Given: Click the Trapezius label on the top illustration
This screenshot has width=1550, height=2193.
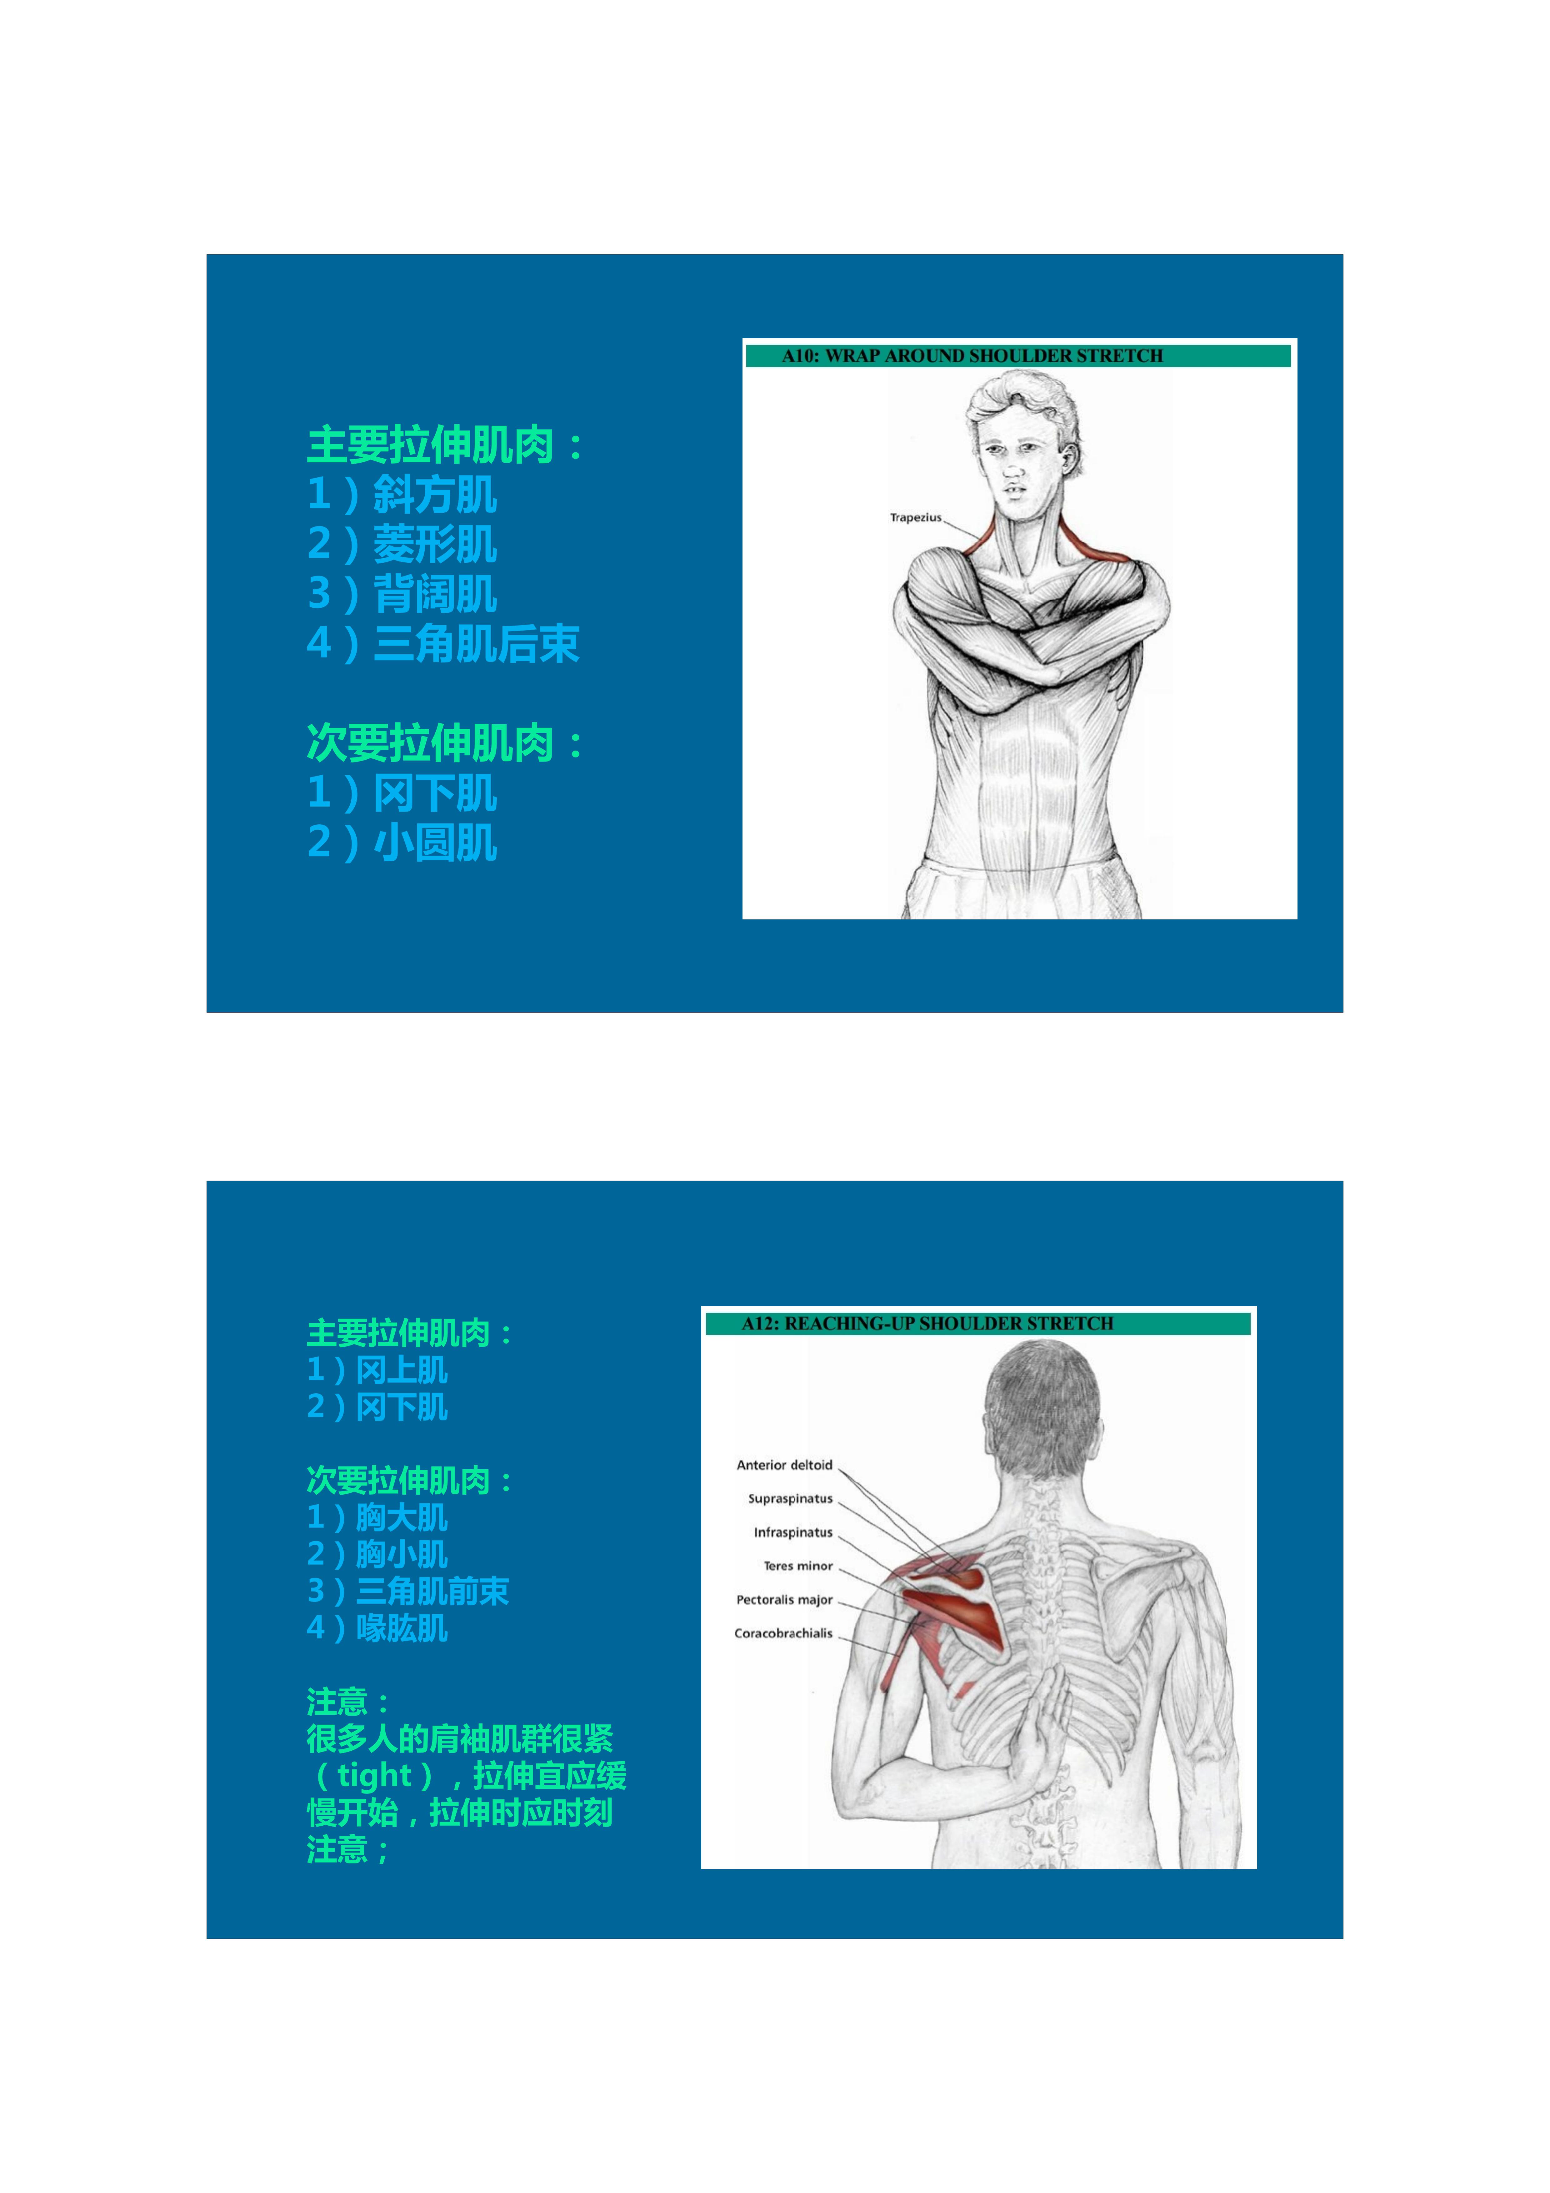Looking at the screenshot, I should pyautogui.click(x=915, y=518).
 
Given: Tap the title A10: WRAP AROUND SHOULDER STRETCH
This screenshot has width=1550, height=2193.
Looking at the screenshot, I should pyautogui.click(x=972, y=355).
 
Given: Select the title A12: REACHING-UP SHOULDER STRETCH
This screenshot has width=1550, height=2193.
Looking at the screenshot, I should pyautogui.click(x=927, y=1323).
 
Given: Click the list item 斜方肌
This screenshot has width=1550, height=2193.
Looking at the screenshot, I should pyautogui.click(x=435, y=495).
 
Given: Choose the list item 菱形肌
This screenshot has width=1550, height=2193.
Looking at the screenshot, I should pyautogui.click(x=435, y=545).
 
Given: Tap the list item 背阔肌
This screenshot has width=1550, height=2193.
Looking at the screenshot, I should pyautogui.click(x=435, y=594).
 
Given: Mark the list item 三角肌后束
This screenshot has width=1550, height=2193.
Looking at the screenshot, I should pyautogui.click(x=476, y=644).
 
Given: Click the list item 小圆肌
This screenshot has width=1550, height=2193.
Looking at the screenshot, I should pyautogui.click(x=435, y=842).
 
